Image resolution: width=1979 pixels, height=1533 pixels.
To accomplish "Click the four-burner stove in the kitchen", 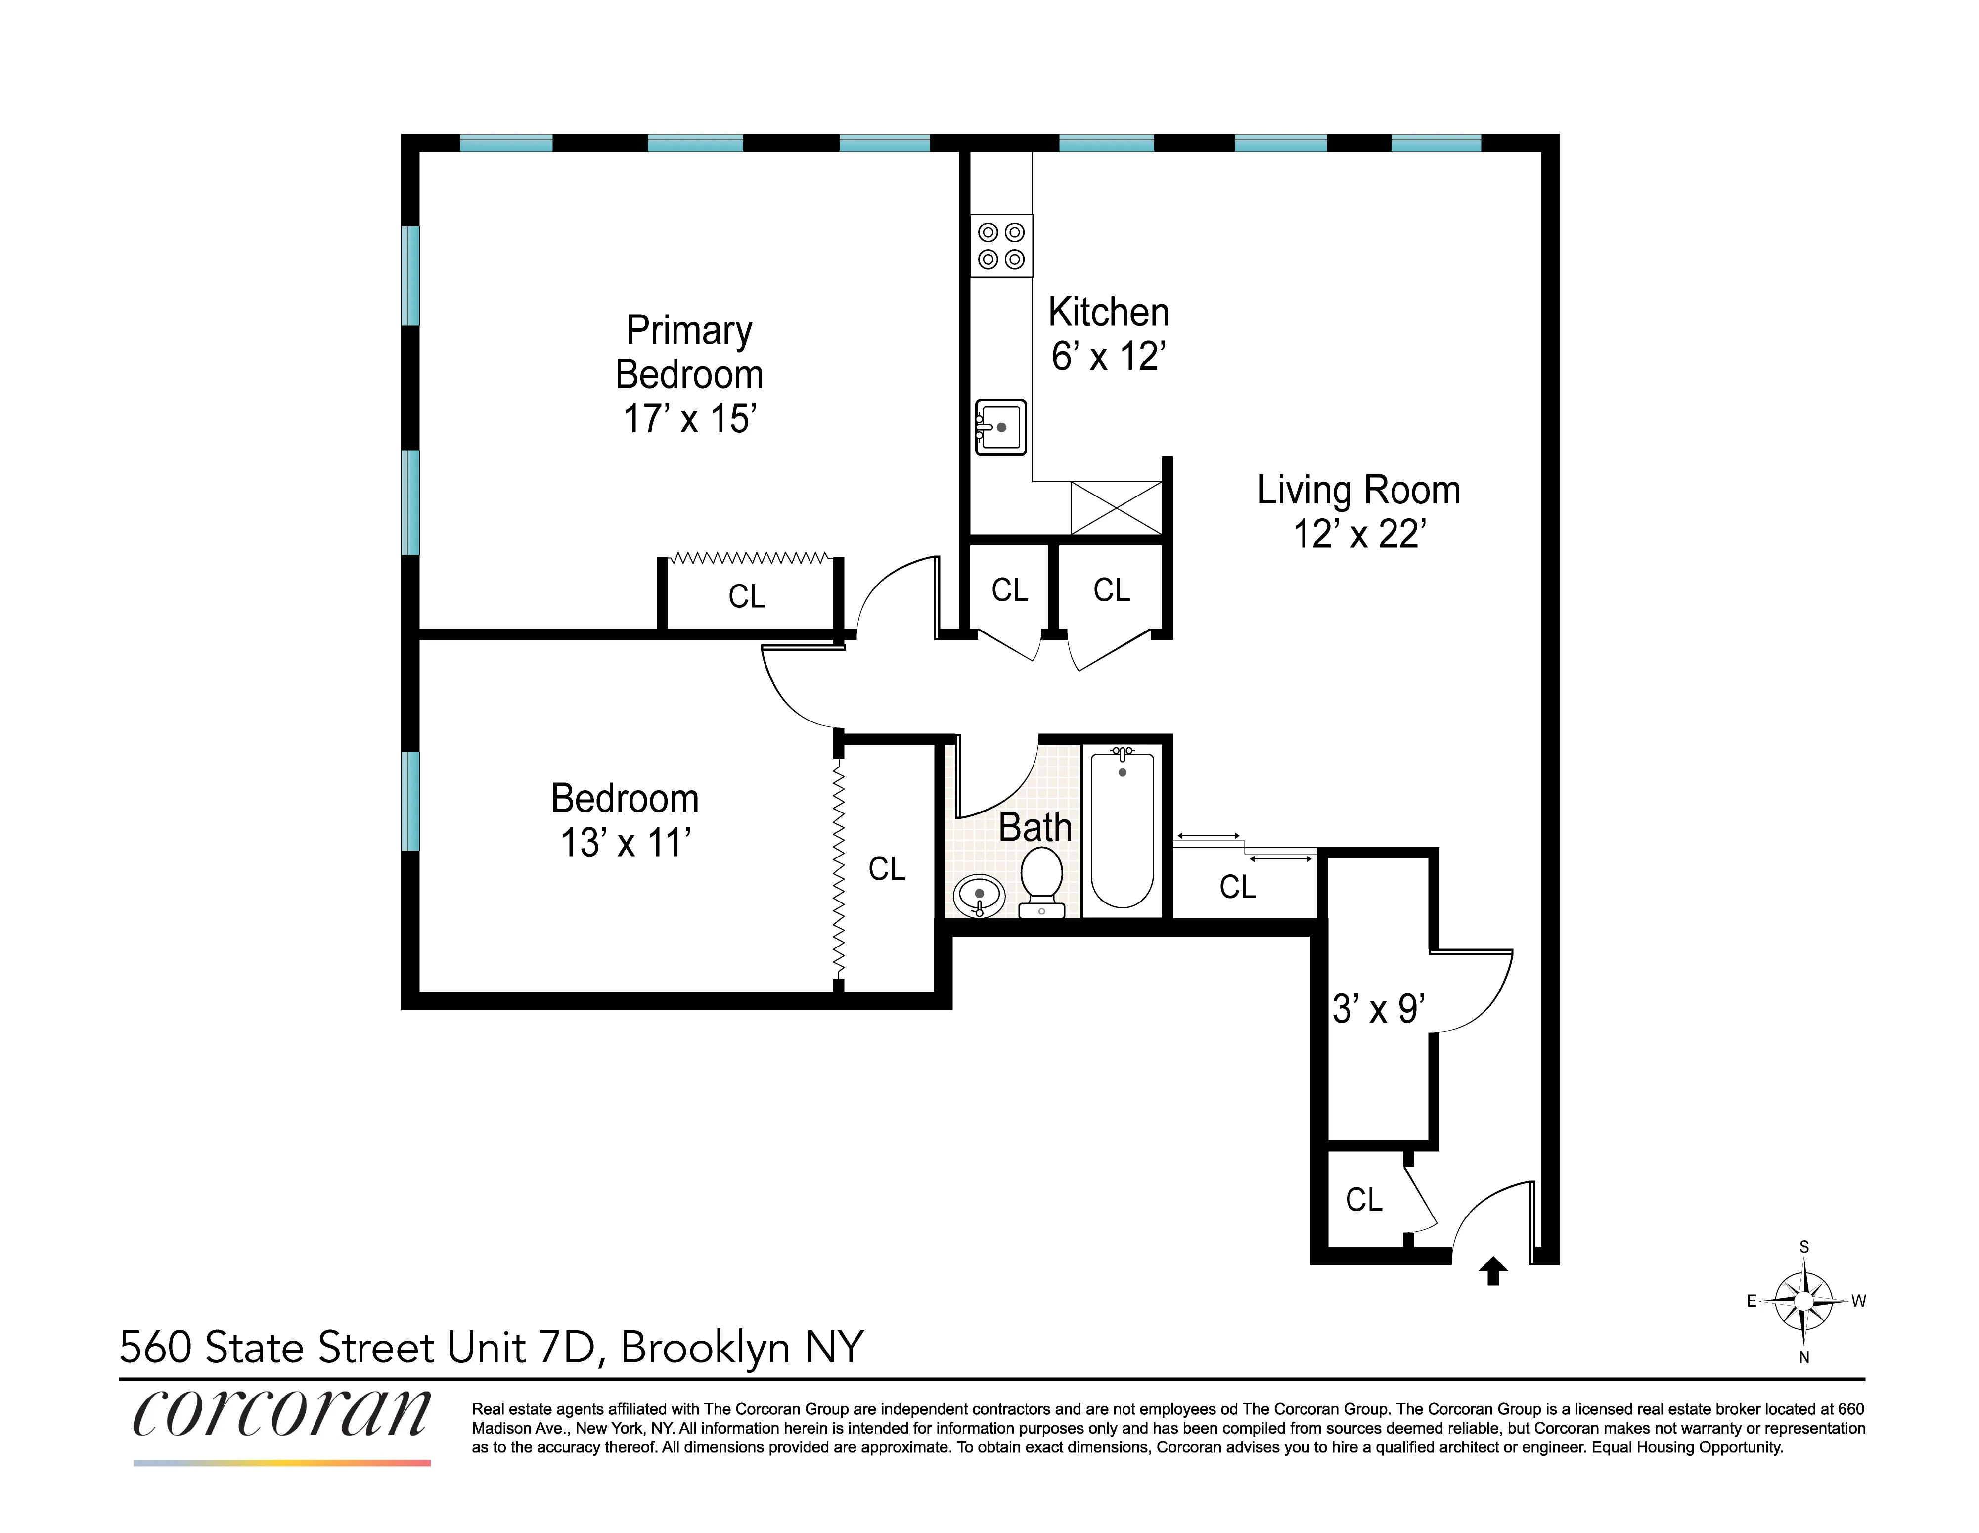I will pyautogui.click(x=1001, y=246).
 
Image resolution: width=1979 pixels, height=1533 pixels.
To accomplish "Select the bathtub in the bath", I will pyautogui.click(x=1122, y=828).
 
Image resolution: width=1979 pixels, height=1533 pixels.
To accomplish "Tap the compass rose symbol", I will pyautogui.click(x=1803, y=1301).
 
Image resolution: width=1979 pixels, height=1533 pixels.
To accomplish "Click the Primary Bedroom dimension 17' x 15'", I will pyautogui.click(x=689, y=418).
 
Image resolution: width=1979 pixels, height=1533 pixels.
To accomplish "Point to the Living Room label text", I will pyautogui.click(x=1358, y=490).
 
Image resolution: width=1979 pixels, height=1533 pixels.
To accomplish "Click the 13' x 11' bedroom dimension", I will pyautogui.click(x=625, y=843).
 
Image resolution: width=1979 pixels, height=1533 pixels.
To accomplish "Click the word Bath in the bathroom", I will pyautogui.click(x=1035, y=827).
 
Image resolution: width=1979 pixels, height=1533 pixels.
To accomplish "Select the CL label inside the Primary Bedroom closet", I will pyautogui.click(x=747, y=596).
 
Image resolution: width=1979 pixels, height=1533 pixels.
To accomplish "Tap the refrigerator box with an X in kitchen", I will pyautogui.click(x=1117, y=508).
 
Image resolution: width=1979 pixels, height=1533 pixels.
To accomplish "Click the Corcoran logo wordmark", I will pyautogui.click(x=282, y=1413).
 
